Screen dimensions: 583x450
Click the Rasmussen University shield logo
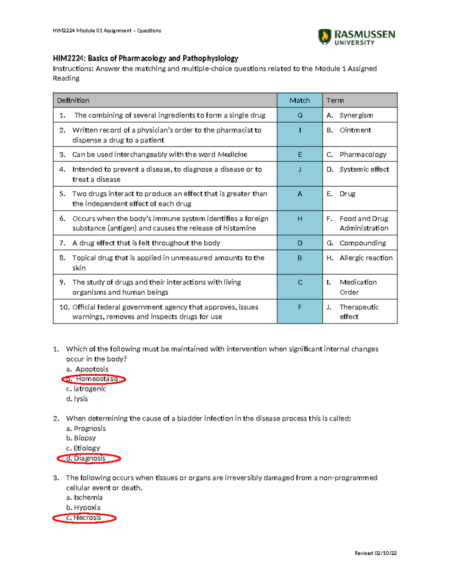tap(324, 37)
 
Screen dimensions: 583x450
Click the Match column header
tap(300, 100)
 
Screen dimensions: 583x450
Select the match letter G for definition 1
tap(300, 115)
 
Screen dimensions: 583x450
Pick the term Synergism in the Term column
tap(356, 115)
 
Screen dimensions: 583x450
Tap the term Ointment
tap(355, 130)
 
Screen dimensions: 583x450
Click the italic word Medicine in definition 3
tap(232, 155)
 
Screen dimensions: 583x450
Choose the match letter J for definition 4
tap(300, 169)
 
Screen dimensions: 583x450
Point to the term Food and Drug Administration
tap(364, 223)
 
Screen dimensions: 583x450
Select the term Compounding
tap(362, 243)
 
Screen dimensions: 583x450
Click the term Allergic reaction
tap(366, 258)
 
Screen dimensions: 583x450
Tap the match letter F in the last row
tap(300, 307)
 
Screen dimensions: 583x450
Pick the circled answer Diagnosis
tap(89, 458)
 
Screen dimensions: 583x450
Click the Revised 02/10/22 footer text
tap(375, 553)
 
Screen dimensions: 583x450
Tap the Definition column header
tap(73, 100)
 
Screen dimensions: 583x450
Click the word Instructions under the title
tap(73, 69)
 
